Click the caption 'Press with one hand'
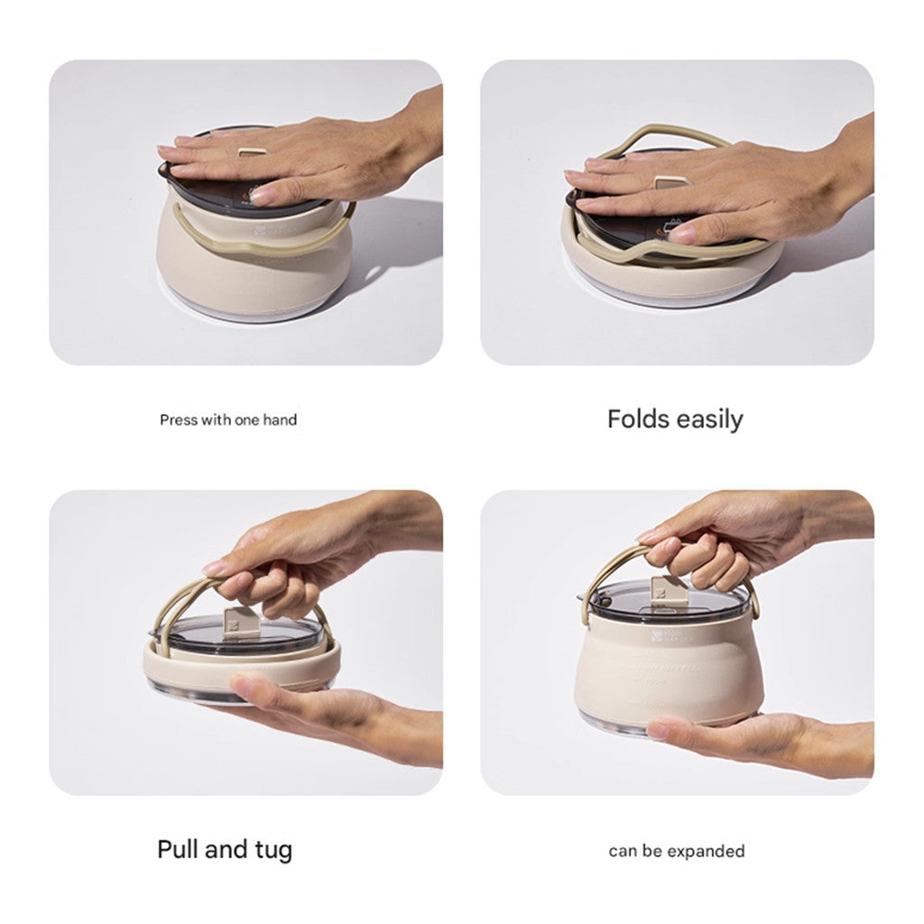pos(228,420)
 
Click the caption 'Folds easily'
pos(675,420)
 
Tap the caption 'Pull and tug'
pos(225,849)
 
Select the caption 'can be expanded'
pos(677,851)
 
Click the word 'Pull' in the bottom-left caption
pos(177,849)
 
